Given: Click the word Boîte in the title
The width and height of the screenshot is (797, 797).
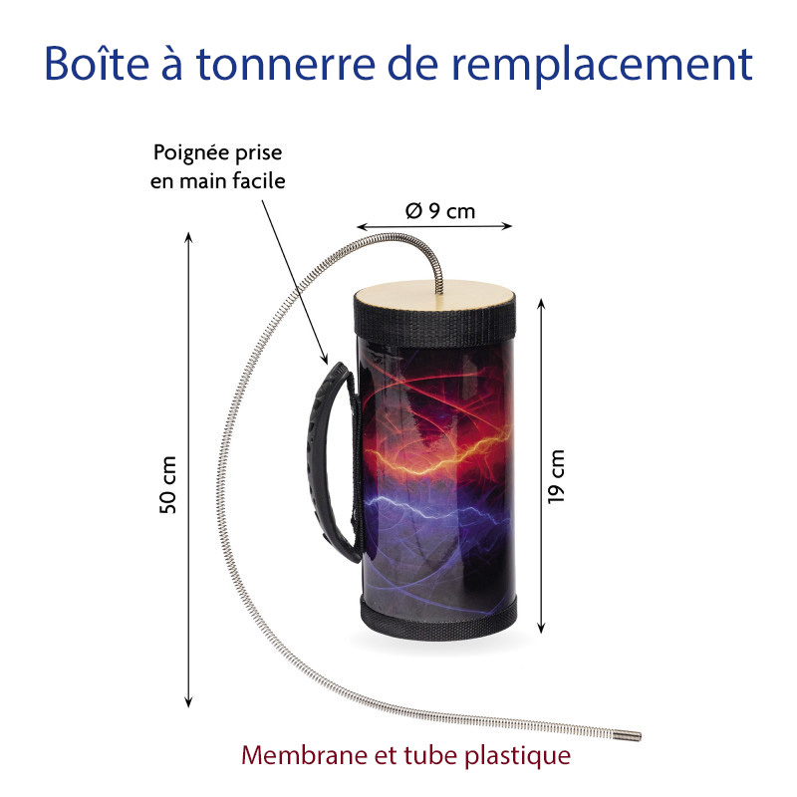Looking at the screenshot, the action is (97, 64).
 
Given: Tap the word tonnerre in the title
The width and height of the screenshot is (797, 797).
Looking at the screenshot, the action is (286, 65).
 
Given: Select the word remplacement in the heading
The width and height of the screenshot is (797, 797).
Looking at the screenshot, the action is (603, 66).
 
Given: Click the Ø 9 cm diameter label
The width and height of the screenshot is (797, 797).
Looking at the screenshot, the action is (440, 211).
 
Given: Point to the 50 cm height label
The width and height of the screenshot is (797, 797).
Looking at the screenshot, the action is (167, 485).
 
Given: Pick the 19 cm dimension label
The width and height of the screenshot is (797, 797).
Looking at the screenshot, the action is (556, 477).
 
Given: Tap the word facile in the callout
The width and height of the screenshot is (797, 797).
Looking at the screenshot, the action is (259, 180).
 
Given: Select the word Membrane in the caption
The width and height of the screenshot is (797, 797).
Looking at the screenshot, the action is (305, 755).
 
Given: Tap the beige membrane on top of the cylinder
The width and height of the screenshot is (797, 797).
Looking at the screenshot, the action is (435, 295).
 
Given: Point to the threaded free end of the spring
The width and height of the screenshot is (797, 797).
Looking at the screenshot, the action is (628, 734).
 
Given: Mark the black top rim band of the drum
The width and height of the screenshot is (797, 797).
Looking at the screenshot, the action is (435, 321).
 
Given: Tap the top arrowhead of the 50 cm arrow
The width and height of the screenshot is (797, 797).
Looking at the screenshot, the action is (188, 238).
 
